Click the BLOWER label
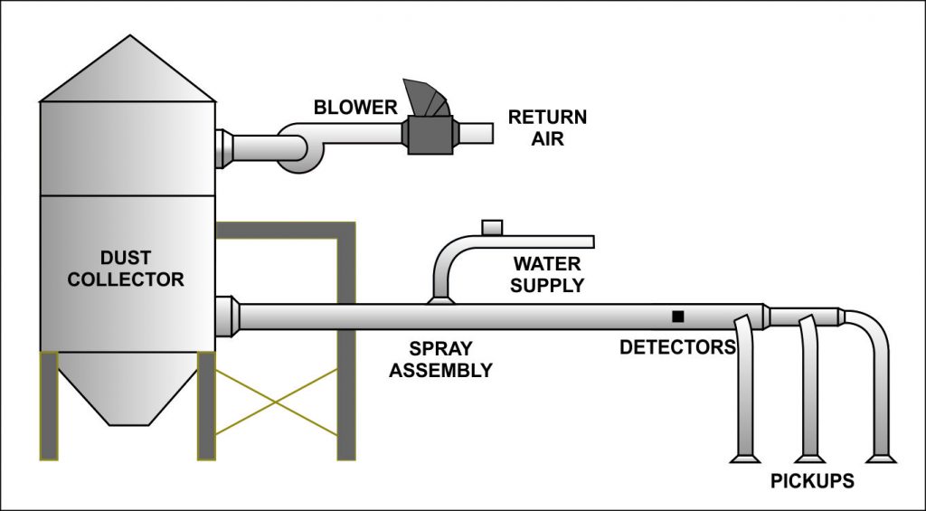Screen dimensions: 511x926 pyautogui.click(x=355, y=108)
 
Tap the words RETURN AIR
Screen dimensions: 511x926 pyautogui.click(x=547, y=128)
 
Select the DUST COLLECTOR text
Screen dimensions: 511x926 pyautogui.click(x=126, y=270)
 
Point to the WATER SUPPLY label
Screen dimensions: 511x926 pyautogui.click(x=547, y=275)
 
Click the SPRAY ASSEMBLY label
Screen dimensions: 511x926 pyautogui.click(x=440, y=359)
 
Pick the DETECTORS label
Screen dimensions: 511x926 pyautogui.click(x=676, y=346)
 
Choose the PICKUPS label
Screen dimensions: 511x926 pyautogui.click(x=811, y=481)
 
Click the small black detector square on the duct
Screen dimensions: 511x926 pyautogui.click(x=677, y=316)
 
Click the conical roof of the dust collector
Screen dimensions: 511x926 pyautogui.click(x=128, y=72)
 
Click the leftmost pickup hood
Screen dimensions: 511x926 pyautogui.click(x=745, y=458)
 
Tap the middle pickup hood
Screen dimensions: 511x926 pyautogui.click(x=810, y=458)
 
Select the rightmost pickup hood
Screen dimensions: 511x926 pyautogui.click(x=881, y=458)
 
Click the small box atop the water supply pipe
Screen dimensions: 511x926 pyautogui.click(x=492, y=226)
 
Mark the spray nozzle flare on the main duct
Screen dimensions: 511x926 pyautogui.click(x=440, y=299)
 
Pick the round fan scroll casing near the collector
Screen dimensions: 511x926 pyautogui.click(x=298, y=149)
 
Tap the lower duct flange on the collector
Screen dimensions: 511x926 pyautogui.click(x=226, y=317)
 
